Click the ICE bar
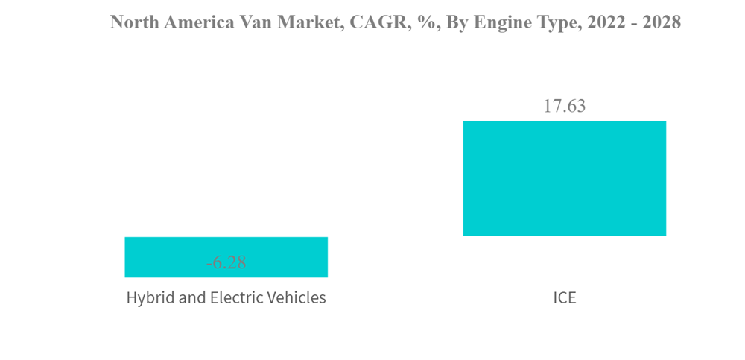pyautogui.click(x=564, y=178)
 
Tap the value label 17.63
pyautogui.click(x=564, y=106)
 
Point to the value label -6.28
pyautogui.click(x=226, y=262)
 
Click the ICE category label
pyautogui.click(x=564, y=298)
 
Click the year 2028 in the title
pyautogui.click(x=660, y=22)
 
